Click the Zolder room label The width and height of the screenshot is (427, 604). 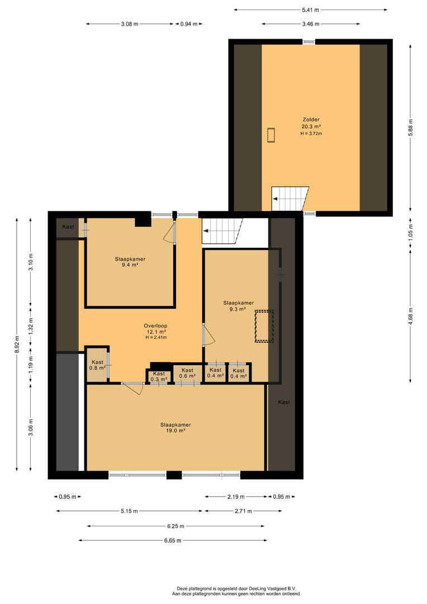(311, 120)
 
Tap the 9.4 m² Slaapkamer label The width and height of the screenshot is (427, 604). (130, 262)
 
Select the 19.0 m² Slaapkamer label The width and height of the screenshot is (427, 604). (175, 428)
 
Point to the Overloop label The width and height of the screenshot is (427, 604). (155, 326)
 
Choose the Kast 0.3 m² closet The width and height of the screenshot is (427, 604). (158, 376)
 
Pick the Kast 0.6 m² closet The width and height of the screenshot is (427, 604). (187, 373)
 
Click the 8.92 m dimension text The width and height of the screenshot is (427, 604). (17, 345)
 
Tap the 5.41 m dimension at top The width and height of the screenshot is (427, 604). (310, 10)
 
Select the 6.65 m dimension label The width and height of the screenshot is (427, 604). (173, 540)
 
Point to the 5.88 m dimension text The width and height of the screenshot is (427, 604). (410, 128)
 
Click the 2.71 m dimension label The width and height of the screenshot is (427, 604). (243, 511)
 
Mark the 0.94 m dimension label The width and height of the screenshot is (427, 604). (189, 24)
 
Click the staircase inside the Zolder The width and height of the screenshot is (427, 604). (290, 199)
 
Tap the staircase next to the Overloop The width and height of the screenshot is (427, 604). (222, 231)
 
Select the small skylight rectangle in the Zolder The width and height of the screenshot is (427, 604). (272, 135)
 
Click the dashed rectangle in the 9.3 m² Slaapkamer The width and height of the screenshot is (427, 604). (264, 326)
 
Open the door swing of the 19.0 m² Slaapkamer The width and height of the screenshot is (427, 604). (133, 388)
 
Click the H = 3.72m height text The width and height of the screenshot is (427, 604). (311, 134)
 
